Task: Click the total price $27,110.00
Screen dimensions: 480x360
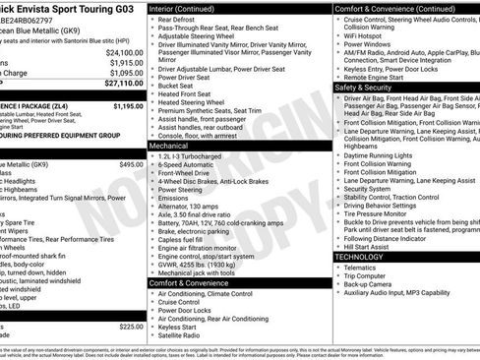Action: coord(122,85)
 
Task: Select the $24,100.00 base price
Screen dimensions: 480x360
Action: coord(124,52)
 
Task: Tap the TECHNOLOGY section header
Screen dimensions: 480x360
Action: coord(359,256)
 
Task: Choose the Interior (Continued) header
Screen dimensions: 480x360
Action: coord(188,8)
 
